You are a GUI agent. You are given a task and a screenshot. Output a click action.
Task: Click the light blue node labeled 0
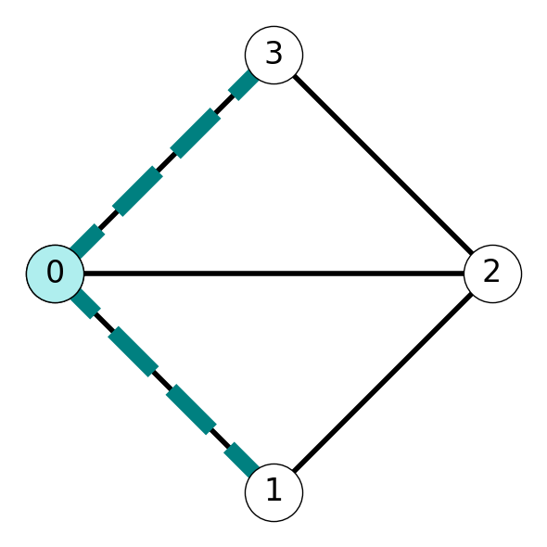click(55, 273)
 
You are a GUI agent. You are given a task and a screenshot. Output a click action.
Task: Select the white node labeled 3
click(273, 55)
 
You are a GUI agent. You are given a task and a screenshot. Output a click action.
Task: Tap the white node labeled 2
click(492, 273)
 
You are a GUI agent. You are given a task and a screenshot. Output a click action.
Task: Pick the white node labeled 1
click(273, 492)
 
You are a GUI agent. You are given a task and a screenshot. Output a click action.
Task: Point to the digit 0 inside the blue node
click(55, 272)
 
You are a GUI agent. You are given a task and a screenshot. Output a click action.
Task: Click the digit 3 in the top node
click(273, 53)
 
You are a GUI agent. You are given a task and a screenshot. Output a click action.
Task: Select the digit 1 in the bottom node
click(274, 490)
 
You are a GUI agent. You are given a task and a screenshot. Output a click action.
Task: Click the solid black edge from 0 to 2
click(273, 273)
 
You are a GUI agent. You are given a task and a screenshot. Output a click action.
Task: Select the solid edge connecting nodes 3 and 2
click(383, 164)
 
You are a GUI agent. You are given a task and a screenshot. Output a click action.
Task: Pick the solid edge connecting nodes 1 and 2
click(383, 383)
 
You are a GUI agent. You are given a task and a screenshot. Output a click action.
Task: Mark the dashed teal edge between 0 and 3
click(164, 164)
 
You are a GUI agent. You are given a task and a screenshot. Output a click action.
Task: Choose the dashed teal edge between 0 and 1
click(164, 383)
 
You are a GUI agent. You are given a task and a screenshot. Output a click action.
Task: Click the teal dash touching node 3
click(244, 85)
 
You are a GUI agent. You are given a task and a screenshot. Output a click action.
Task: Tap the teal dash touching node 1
click(241, 460)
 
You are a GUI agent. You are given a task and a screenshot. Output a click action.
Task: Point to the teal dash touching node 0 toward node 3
click(87, 241)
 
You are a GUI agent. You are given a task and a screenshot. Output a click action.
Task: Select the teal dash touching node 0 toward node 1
click(85, 303)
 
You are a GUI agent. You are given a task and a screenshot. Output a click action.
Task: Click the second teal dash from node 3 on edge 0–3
click(196, 134)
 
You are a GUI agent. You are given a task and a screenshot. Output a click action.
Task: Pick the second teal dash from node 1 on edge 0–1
click(191, 410)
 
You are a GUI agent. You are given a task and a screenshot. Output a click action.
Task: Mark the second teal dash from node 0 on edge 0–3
click(137, 191)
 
